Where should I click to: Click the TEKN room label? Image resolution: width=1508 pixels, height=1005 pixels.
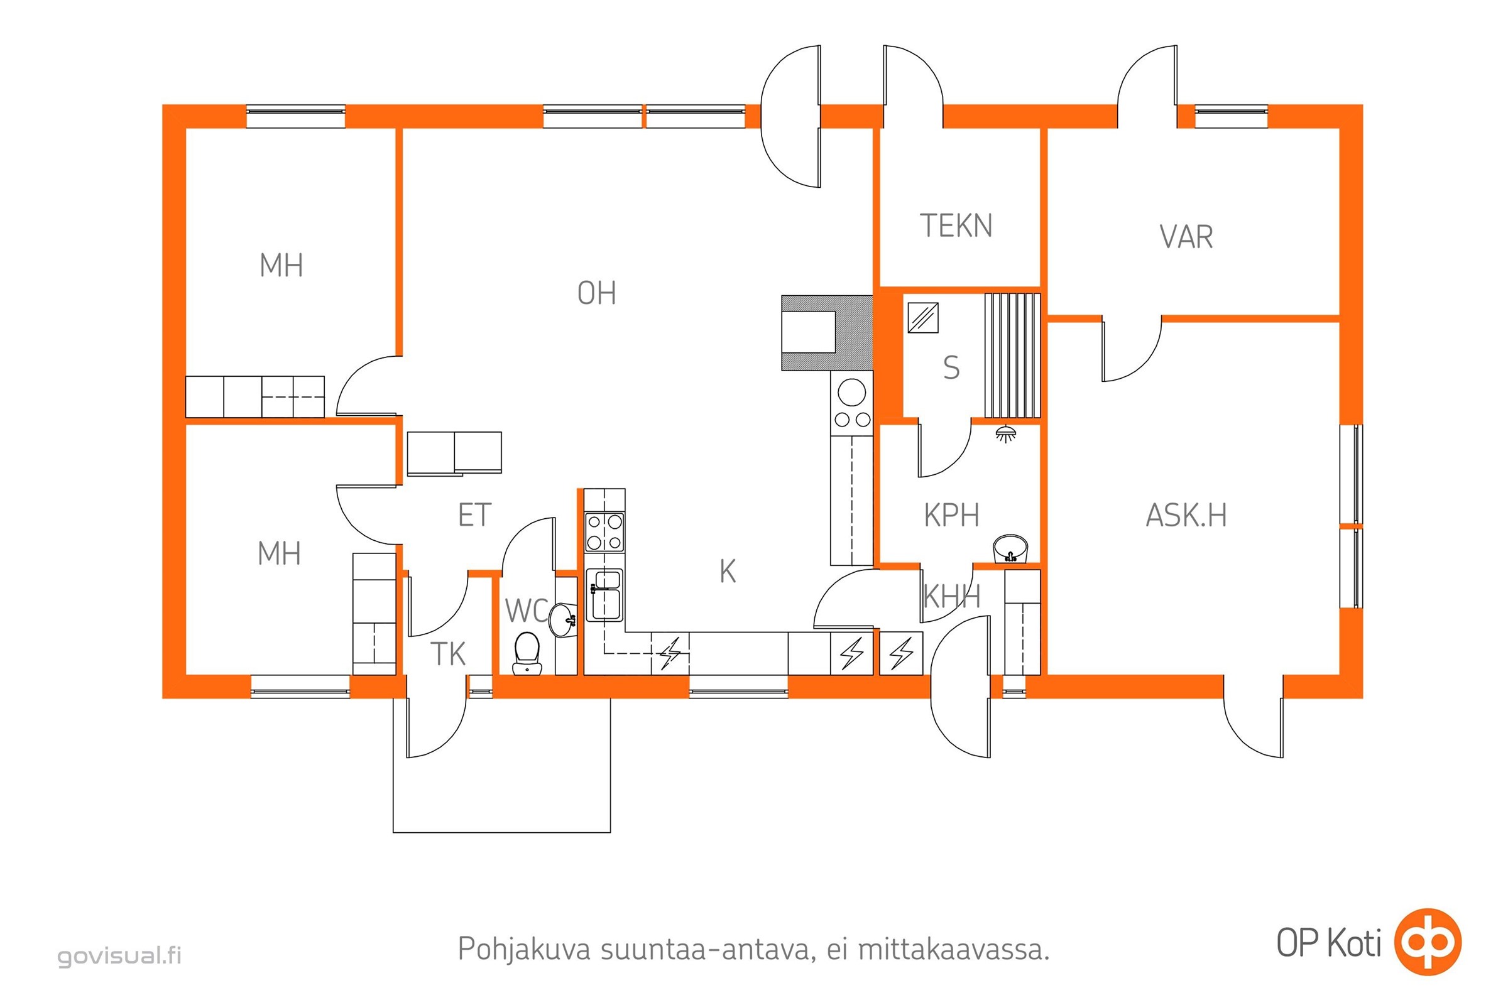click(x=956, y=225)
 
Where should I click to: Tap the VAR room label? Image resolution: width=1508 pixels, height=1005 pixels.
click(x=1186, y=237)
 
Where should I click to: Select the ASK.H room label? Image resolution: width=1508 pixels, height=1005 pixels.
click(x=1186, y=515)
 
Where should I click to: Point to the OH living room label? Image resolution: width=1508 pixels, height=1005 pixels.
click(x=596, y=293)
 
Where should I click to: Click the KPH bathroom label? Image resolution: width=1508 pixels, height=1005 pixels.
click(x=951, y=515)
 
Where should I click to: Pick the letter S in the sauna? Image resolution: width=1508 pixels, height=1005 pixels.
click(x=951, y=368)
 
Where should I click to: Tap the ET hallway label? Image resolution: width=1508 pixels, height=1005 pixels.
click(x=474, y=515)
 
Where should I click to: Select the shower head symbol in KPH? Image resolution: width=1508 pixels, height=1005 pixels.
click(x=1006, y=433)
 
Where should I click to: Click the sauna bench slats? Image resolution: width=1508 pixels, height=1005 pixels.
click(x=1012, y=355)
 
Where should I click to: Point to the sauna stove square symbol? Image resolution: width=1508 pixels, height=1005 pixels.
click(x=923, y=318)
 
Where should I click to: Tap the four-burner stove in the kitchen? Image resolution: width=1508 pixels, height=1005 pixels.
click(x=604, y=532)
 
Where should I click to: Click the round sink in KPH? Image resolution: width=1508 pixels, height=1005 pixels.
click(x=1010, y=548)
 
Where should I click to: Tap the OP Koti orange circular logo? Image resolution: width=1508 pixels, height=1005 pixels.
click(x=1428, y=942)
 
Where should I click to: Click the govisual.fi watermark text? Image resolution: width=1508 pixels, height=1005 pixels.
click(x=119, y=955)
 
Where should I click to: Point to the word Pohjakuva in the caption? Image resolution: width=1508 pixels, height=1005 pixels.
click(x=524, y=949)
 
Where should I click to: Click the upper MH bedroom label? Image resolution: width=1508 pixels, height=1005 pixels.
click(x=281, y=265)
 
